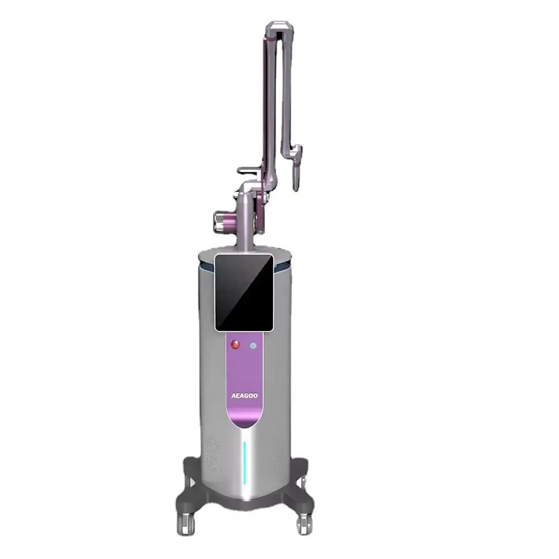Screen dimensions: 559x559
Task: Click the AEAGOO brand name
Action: pos(244,395)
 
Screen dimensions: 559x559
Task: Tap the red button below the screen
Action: pos(235,344)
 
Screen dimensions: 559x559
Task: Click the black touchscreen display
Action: pos(244,292)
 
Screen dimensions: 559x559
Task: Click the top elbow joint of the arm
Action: pos(280,29)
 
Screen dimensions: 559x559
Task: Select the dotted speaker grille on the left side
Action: pos(212,453)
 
